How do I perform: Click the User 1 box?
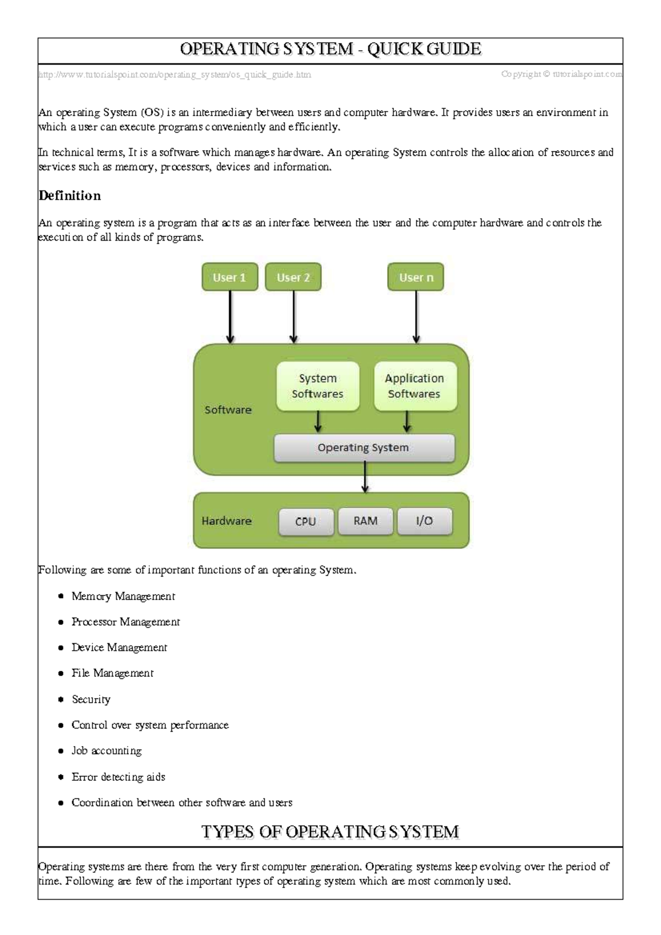230,277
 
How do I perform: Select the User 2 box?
293,277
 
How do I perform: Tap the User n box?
416,277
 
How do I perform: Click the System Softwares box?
317,386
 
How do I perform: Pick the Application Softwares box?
415,386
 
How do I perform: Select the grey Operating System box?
364,448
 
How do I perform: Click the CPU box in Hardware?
306,521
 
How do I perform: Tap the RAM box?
366,521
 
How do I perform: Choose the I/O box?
425,521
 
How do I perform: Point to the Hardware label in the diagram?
226,521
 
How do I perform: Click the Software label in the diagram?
228,410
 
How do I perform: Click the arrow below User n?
416,317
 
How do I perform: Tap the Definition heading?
70,196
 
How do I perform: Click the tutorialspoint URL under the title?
175,74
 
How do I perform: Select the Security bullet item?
91,699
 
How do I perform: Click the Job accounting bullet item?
106,751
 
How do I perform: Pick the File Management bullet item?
112,673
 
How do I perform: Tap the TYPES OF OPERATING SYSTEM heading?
330,831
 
